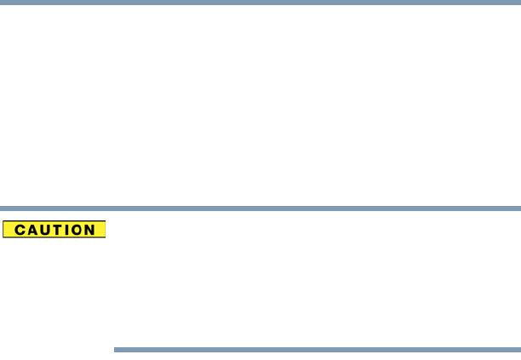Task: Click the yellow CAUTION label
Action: tap(54, 230)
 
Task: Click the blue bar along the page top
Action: tap(260, 3)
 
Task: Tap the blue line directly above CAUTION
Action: tap(260, 208)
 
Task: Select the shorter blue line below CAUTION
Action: tap(317, 349)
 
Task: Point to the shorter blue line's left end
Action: tap(115, 349)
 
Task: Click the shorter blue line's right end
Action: tap(518, 349)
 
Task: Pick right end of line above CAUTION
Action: tap(518, 208)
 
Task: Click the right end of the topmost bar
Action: tap(518, 3)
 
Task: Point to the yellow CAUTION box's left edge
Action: tap(3, 230)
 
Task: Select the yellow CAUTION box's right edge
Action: tap(105, 230)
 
